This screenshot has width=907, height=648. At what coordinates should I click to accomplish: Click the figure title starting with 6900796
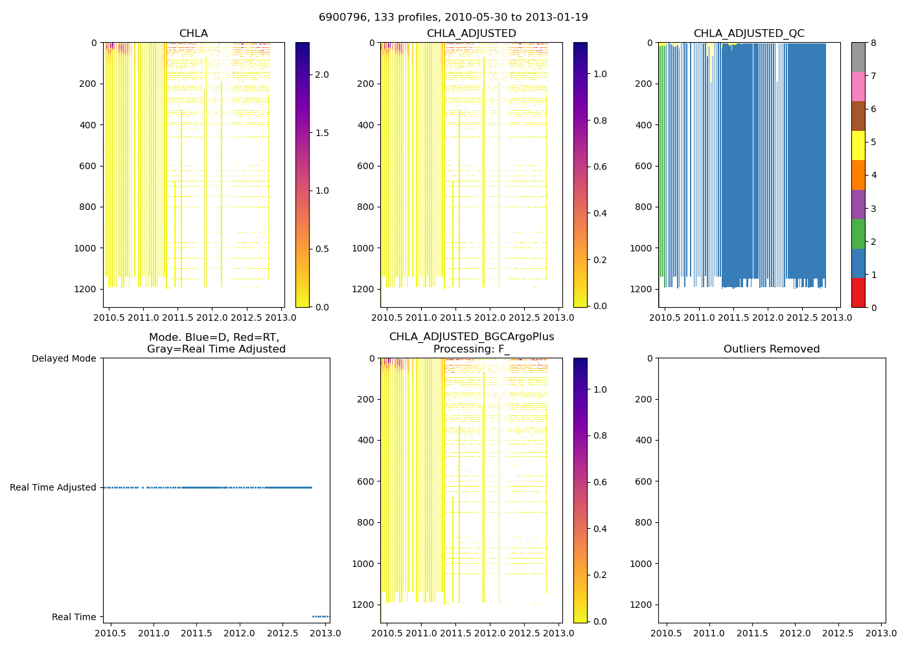(x=453, y=17)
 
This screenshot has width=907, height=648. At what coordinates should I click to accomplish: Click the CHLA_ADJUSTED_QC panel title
(x=748, y=34)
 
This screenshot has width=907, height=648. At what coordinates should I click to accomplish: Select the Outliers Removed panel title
(x=771, y=349)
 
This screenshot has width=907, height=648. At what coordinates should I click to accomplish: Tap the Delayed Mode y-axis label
(x=63, y=358)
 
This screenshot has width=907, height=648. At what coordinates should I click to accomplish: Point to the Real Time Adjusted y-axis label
(x=52, y=487)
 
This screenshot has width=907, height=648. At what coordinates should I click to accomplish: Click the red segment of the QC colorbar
(x=858, y=292)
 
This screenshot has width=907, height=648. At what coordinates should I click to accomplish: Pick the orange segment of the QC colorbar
(x=858, y=175)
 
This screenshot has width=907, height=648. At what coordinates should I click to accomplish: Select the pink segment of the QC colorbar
(x=858, y=86)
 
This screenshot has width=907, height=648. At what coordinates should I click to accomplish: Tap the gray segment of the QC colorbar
(x=858, y=57)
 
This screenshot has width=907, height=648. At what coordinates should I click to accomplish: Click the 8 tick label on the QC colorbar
(x=873, y=43)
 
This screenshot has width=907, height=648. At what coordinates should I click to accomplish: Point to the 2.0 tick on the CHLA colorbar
(x=322, y=75)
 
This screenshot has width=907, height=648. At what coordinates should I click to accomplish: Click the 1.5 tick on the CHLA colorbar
(x=322, y=133)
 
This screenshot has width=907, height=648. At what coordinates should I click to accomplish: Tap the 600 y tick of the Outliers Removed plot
(x=643, y=481)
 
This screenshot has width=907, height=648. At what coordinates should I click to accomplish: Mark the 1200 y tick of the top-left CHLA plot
(x=87, y=289)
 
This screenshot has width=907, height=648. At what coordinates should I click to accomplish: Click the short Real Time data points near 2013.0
(x=321, y=616)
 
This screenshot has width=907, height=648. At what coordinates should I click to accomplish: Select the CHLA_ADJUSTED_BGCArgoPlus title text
(x=472, y=337)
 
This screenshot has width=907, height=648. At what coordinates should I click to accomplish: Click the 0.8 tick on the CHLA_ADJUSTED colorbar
(x=600, y=121)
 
